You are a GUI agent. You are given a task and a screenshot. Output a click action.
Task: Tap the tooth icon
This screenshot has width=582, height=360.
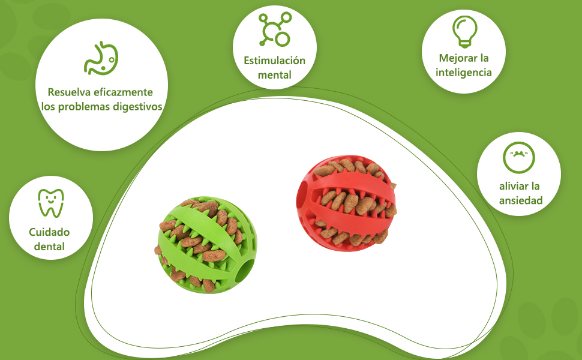(51, 203)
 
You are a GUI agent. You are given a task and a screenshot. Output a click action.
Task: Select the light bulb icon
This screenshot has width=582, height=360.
(464, 32)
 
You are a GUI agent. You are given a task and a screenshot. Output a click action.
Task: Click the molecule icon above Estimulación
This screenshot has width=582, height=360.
(274, 28)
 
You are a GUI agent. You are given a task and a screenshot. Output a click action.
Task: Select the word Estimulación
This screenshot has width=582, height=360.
(274, 61)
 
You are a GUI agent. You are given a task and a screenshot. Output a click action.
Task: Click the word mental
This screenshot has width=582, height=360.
(274, 76)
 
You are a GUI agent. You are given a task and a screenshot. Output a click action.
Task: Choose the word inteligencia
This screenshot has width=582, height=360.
(464, 73)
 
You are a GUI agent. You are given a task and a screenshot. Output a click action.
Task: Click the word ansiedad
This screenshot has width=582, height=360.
(520, 200)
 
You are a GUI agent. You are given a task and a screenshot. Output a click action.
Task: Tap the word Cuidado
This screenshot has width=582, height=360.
(49, 232)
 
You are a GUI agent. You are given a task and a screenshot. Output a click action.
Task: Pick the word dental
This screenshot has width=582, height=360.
(49, 247)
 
